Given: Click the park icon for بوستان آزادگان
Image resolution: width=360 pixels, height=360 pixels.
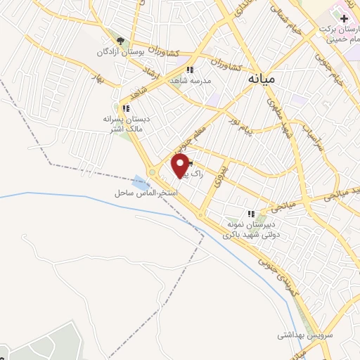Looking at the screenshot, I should tap(120, 41).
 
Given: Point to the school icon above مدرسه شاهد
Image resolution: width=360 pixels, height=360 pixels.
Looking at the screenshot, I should tap(190, 69).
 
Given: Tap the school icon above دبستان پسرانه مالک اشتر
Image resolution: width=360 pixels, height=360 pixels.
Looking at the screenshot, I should tap(126, 108).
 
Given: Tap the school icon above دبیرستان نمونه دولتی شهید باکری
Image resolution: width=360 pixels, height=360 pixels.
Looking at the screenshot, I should tap(250, 214).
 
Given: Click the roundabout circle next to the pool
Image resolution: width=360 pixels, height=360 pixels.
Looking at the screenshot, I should tap(153, 172).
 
